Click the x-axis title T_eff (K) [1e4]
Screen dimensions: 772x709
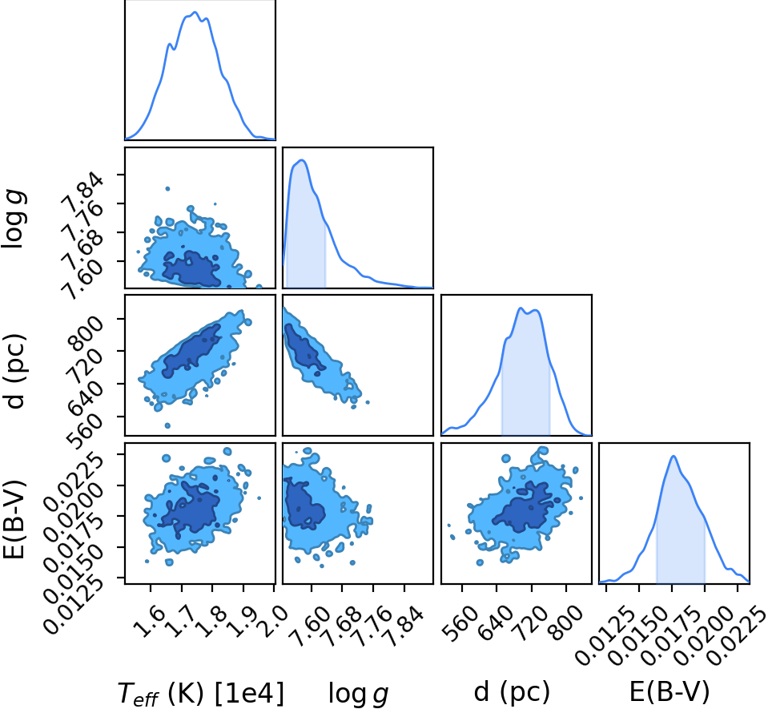[x=201, y=693]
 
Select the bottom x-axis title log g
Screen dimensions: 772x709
[x=359, y=694]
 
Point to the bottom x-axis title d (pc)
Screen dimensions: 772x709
[x=512, y=691]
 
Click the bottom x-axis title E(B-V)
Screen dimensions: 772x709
[x=669, y=691]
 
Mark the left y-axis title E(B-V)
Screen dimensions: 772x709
[x=14, y=518]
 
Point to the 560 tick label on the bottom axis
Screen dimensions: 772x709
[x=459, y=622]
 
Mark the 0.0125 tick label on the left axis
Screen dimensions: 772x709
[x=74, y=605]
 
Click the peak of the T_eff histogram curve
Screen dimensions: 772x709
[x=195, y=12]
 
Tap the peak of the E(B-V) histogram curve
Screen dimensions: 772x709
[x=673, y=456]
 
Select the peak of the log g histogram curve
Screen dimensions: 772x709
[x=302, y=160]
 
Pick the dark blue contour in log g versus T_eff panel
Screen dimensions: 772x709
[x=192, y=268]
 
